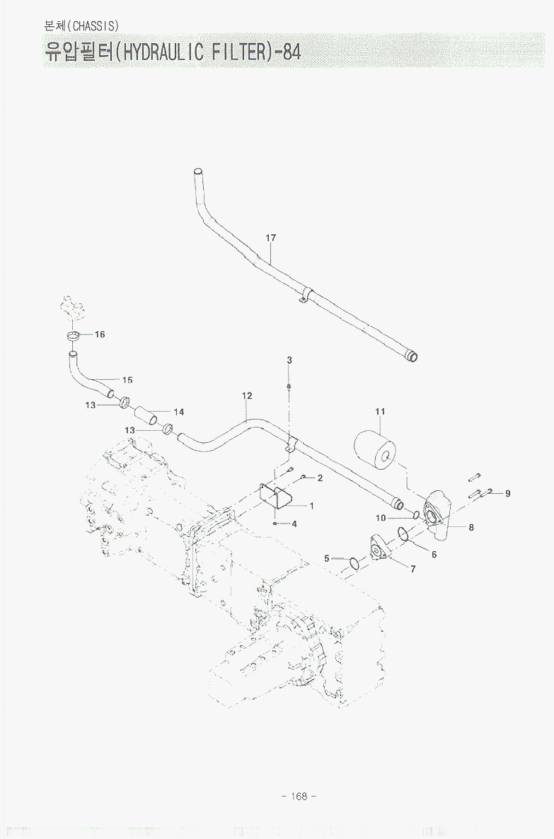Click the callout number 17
(x=271, y=238)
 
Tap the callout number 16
(x=100, y=335)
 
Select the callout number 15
(x=127, y=381)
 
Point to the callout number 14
(x=178, y=412)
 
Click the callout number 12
(x=247, y=396)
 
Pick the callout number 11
(x=380, y=411)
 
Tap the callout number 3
(x=289, y=361)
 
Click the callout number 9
(x=507, y=493)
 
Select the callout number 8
(x=471, y=526)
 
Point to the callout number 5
(x=327, y=558)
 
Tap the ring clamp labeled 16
(x=74, y=335)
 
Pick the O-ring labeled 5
(x=354, y=563)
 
